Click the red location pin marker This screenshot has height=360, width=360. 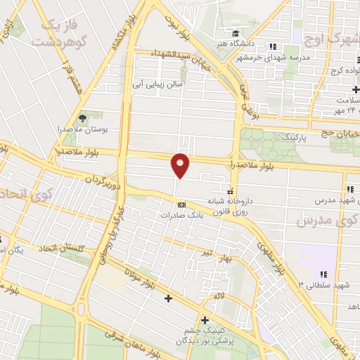[x=181, y=165]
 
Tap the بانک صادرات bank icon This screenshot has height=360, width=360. [x=181, y=205]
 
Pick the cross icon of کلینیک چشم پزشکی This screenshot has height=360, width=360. [x=204, y=320]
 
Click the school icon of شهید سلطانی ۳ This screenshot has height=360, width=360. [x=322, y=274]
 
